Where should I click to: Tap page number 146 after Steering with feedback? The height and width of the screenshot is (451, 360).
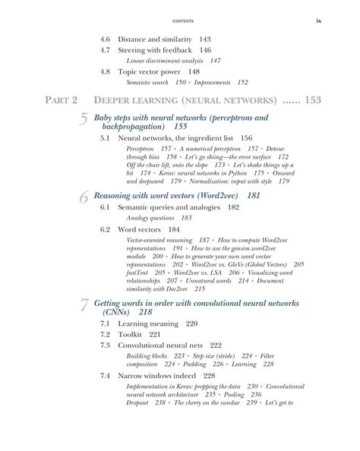point(200,49)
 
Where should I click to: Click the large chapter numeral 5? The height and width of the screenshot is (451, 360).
point(84,121)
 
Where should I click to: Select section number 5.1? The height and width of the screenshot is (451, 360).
point(108,139)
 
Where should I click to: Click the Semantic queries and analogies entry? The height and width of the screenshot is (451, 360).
point(169,207)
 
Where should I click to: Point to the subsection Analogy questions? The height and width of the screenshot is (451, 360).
point(153,217)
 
